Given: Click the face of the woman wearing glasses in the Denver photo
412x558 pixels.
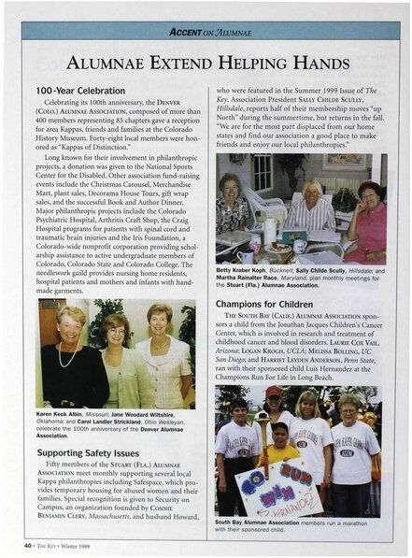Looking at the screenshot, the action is click(x=116, y=332).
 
